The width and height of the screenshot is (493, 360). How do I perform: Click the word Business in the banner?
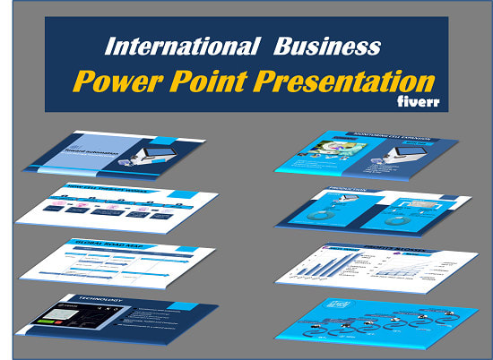(327, 46)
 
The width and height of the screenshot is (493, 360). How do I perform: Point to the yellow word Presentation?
(357, 81)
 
